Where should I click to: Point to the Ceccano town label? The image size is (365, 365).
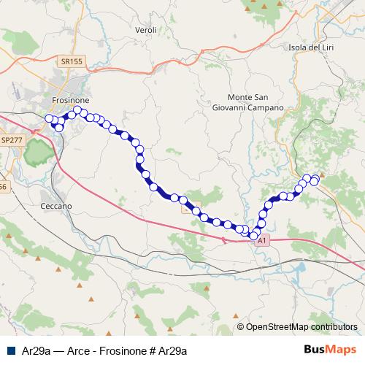tap(55, 207)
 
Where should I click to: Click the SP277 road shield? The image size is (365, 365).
tap(11, 139)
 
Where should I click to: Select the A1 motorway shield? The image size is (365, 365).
tap(264, 239)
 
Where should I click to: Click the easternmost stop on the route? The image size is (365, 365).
tap(315, 181)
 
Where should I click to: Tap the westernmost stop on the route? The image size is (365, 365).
tap(49, 118)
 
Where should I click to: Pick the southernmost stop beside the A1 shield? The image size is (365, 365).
tap(254, 236)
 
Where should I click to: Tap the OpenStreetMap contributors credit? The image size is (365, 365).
tap(301, 327)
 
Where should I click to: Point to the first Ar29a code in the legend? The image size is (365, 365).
tap(36, 350)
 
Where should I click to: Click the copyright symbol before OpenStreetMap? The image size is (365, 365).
tap(241, 327)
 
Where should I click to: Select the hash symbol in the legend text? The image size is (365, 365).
tap(151, 350)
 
